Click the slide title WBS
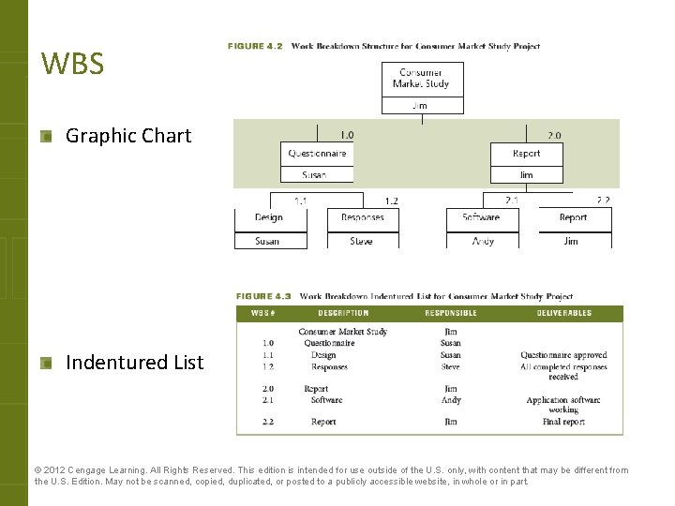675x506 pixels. pos(72,65)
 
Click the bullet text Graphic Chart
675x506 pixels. pos(127,136)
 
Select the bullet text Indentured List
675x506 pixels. pos(134,363)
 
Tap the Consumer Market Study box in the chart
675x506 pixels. pos(421,79)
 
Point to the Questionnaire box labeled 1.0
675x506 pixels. pos(317,154)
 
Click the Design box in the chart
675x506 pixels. pos(269,217)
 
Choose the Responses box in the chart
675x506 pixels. pos(362,217)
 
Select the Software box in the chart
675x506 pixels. pos(481,217)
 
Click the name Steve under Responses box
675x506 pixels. pos(362,241)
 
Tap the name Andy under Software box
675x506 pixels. pos(483,241)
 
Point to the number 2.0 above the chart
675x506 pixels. pos(554,135)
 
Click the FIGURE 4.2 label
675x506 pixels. pos(255,46)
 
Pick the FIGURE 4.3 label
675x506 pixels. pos(263,297)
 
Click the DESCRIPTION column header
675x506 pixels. pos(343,313)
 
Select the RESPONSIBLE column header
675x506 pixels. pos(451,313)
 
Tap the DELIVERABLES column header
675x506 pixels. pos(563,313)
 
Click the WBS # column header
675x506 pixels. pos(263,313)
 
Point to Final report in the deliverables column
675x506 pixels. pos(563,423)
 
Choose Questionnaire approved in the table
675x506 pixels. pos(563,355)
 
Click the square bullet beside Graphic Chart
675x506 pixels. pos(46,137)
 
